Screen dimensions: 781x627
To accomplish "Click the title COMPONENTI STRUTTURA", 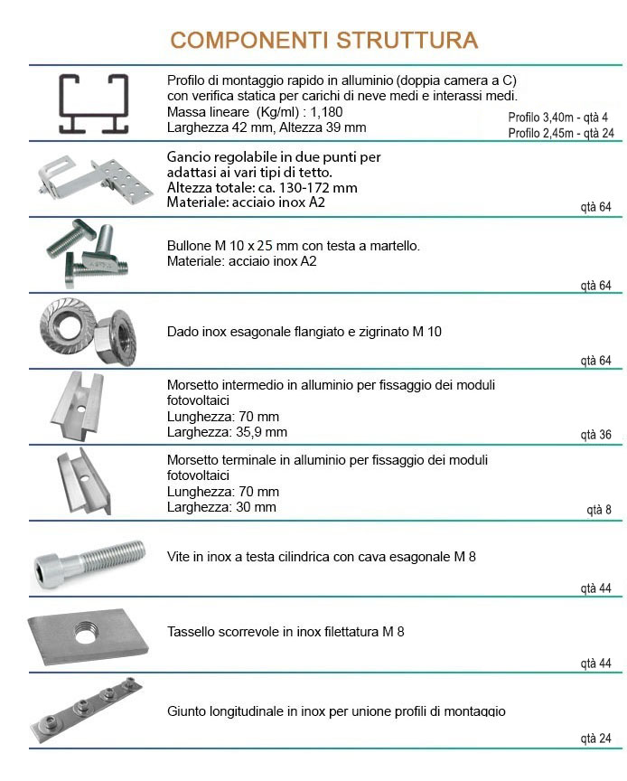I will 323,41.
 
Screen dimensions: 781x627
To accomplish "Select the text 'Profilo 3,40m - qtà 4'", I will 557,118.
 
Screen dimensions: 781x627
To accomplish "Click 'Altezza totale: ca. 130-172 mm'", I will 262,188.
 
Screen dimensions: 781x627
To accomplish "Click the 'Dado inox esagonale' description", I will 304,332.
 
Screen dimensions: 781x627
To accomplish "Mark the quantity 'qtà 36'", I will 595,435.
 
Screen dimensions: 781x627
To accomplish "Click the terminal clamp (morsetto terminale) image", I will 84,480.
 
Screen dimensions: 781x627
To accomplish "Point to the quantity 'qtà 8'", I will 598,510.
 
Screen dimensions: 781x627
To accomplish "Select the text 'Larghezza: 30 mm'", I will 221,507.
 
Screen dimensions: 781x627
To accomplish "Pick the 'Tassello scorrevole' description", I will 285,631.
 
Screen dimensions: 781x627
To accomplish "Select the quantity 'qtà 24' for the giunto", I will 595,739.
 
